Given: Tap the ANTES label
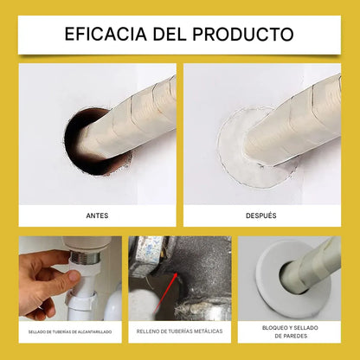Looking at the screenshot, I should [x=97, y=215].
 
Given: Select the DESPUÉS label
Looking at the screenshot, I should [x=261, y=215].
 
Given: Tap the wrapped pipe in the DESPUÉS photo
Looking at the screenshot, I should [x=294, y=121].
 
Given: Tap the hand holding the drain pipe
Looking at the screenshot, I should [x=39, y=281].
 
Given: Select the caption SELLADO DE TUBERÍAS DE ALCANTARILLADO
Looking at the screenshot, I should [x=68, y=331].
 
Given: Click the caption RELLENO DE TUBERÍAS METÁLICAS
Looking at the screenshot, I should [x=179, y=331].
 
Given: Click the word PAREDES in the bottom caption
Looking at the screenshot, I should [x=292, y=336].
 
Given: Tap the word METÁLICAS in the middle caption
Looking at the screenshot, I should [x=207, y=331].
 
